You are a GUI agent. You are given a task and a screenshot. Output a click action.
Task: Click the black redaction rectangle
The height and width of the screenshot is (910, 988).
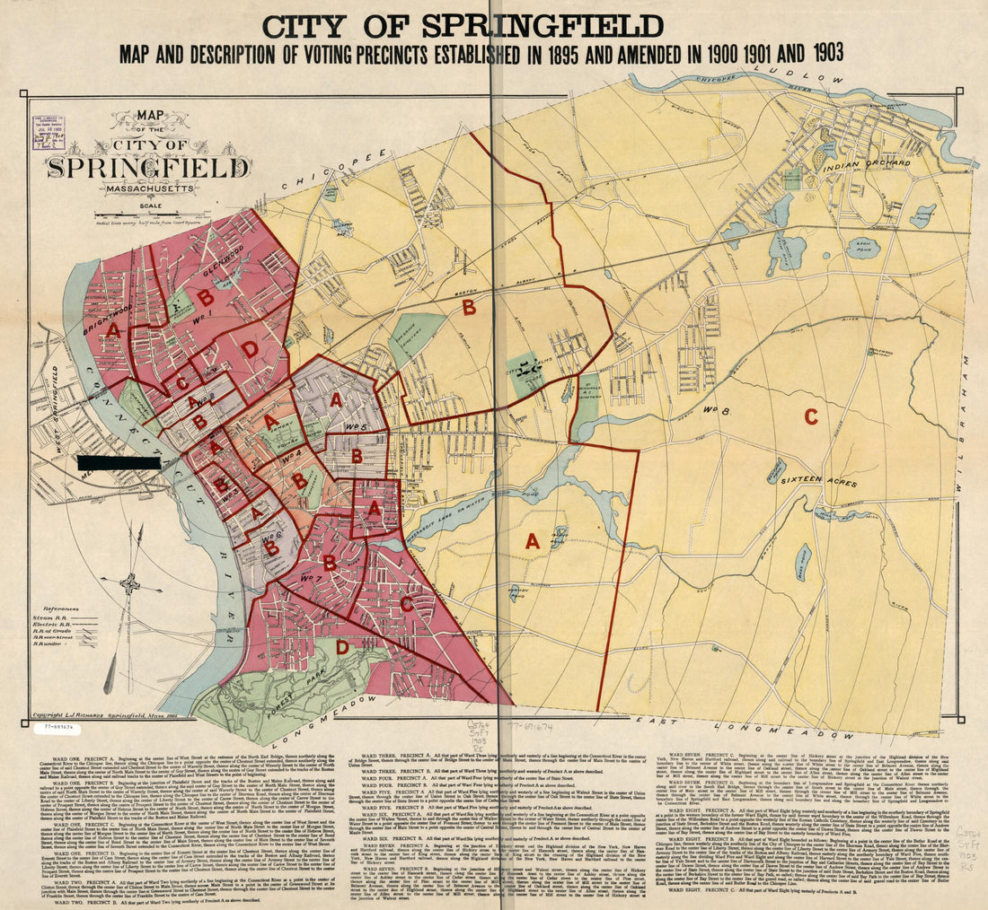(119, 463)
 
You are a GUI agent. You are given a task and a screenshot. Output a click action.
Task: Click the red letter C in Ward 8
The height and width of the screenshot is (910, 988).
(810, 416)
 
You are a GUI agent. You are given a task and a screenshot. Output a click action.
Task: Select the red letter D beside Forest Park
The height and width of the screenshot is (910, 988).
(341, 646)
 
